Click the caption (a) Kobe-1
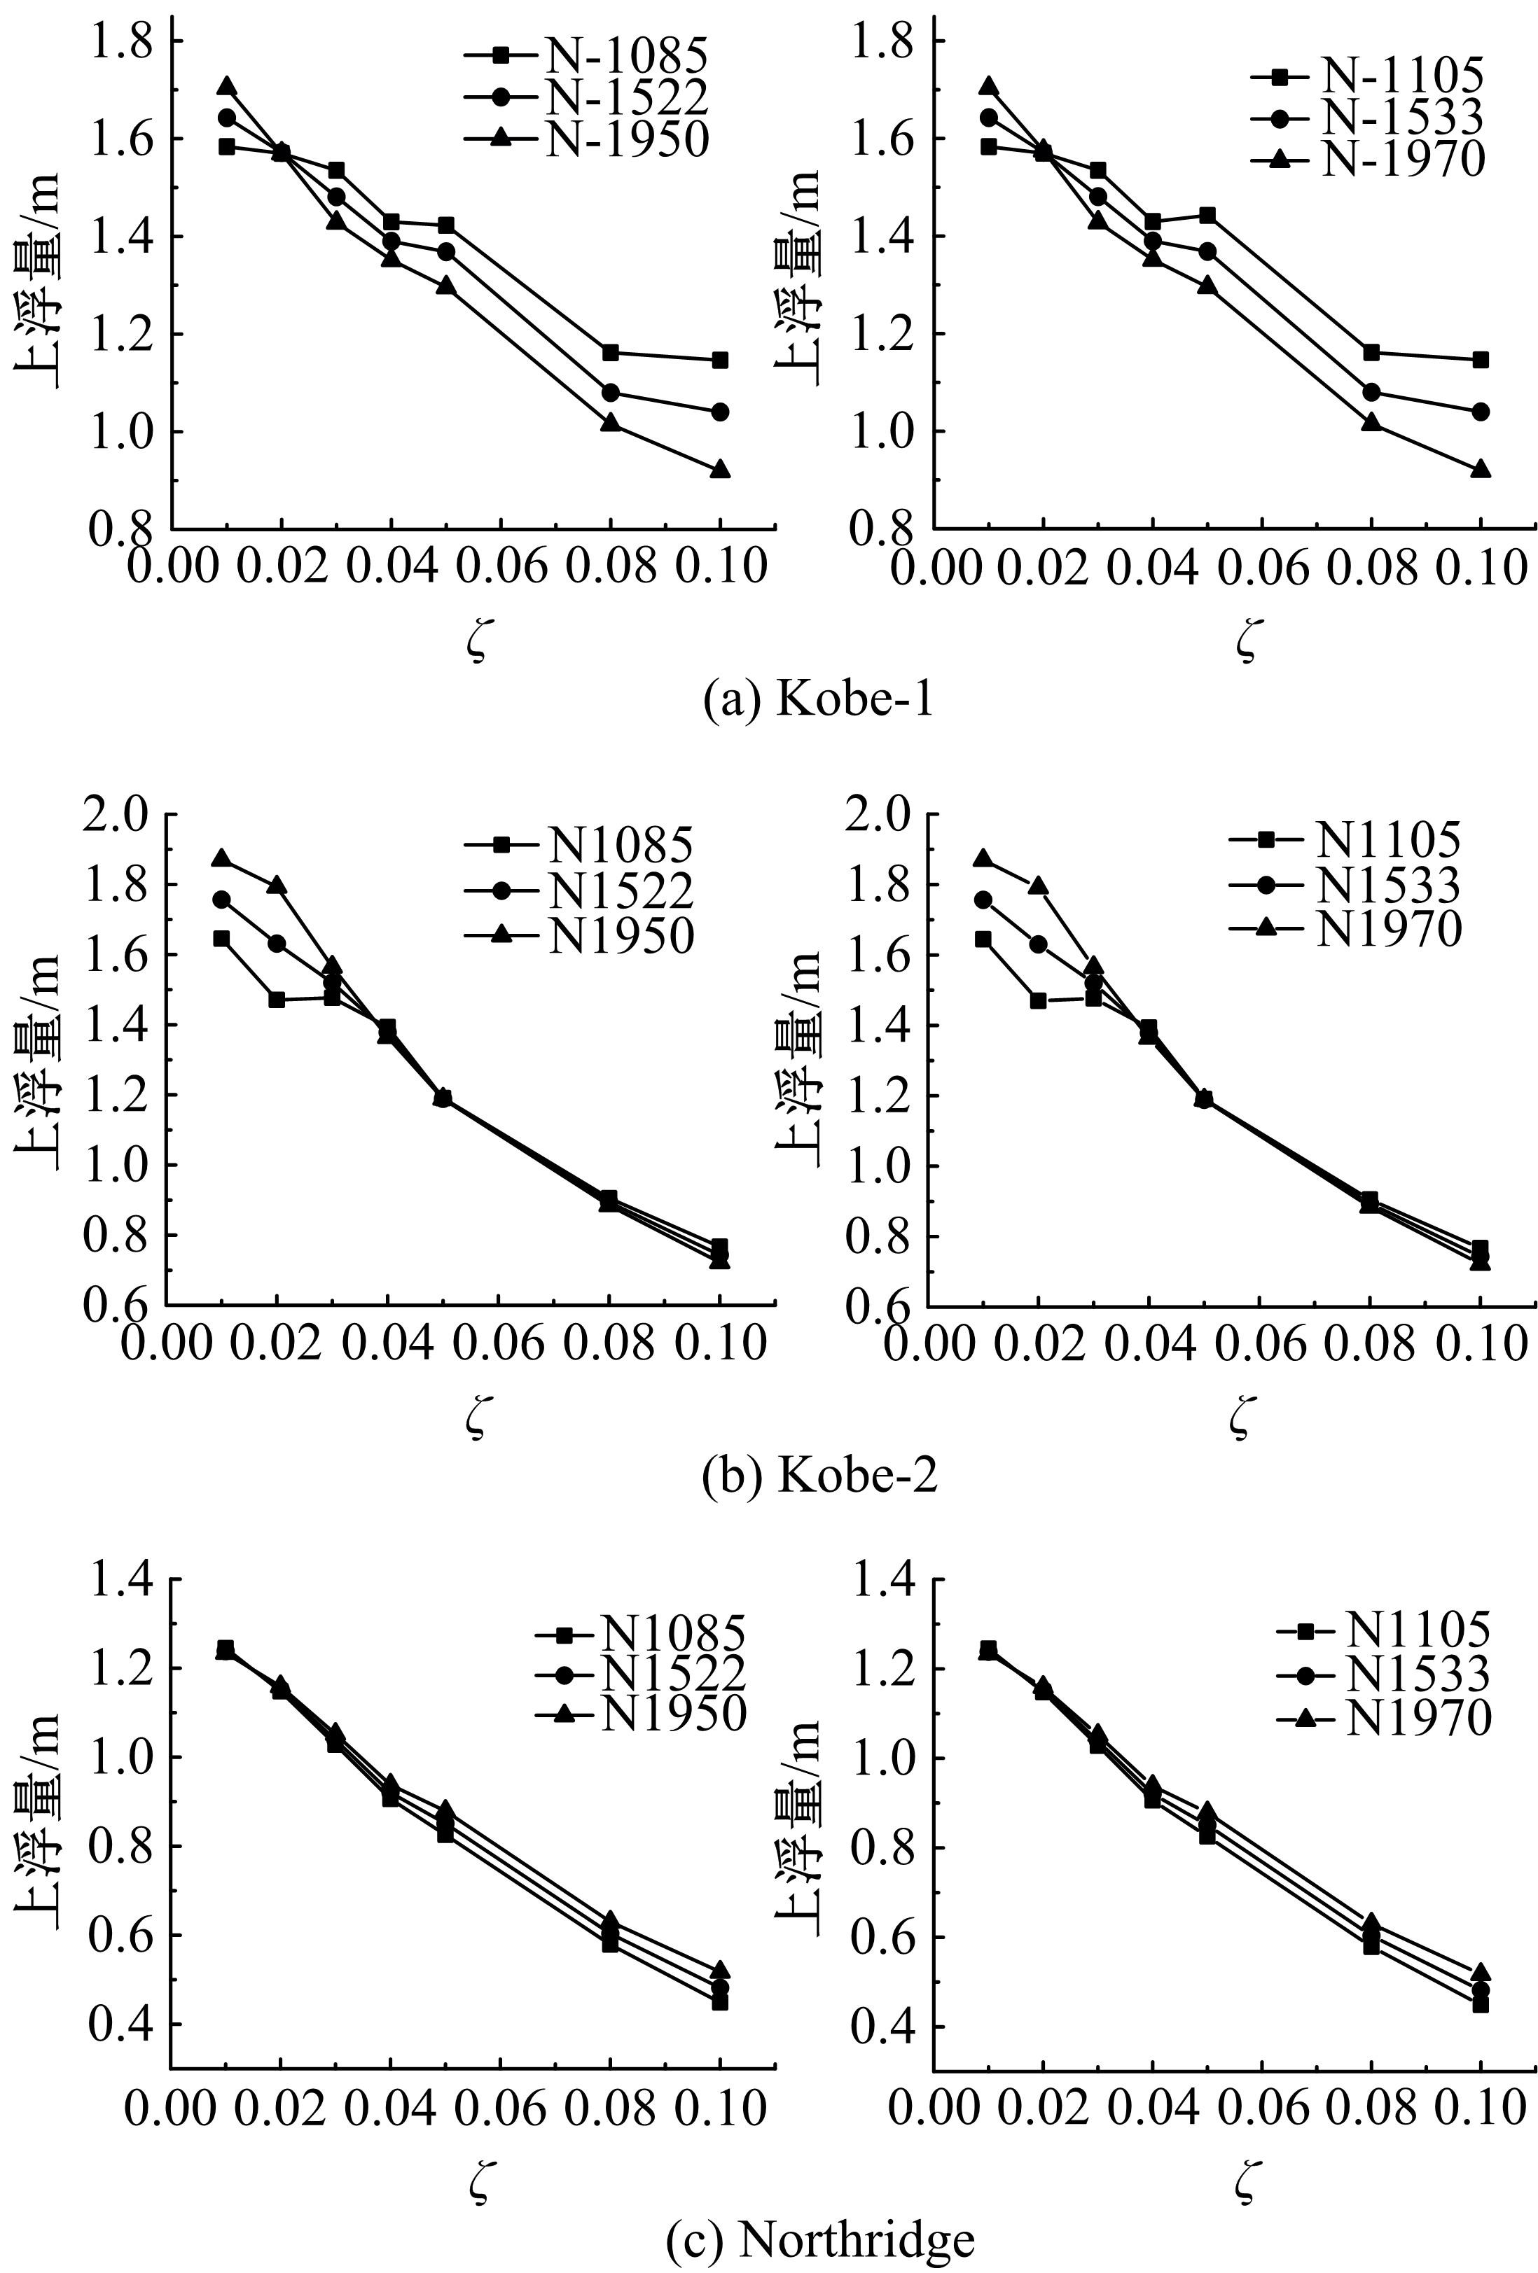(x=818, y=700)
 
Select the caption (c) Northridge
(x=820, y=2236)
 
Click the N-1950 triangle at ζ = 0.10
(x=720, y=470)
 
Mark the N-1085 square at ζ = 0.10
(x=720, y=360)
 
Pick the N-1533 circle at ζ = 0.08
(x=1371, y=392)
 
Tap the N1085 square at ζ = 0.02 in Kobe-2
(x=277, y=1000)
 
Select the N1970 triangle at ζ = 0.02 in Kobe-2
(x=1038, y=886)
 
